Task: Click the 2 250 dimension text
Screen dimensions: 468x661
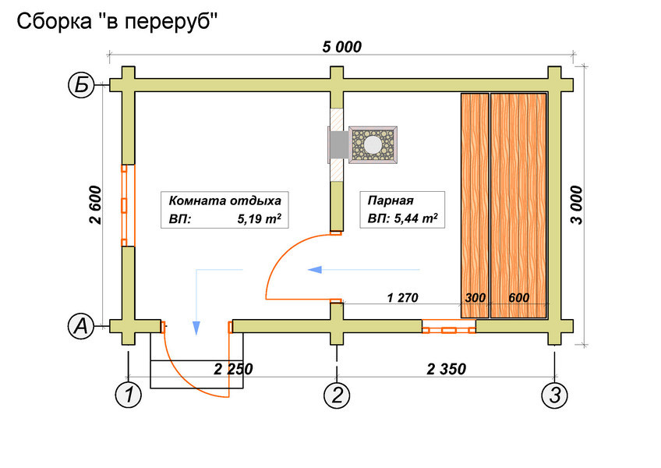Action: pyautogui.click(x=233, y=369)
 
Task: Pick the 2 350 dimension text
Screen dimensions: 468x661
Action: pyautogui.click(x=447, y=369)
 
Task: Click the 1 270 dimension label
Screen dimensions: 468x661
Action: pyautogui.click(x=404, y=297)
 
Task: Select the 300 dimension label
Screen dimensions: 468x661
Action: pyautogui.click(x=475, y=297)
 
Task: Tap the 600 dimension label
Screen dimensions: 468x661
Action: pyautogui.click(x=519, y=297)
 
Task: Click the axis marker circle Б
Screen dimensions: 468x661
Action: pyautogui.click(x=81, y=85)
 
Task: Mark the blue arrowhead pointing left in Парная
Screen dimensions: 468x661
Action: pyautogui.click(x=316, y=270)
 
